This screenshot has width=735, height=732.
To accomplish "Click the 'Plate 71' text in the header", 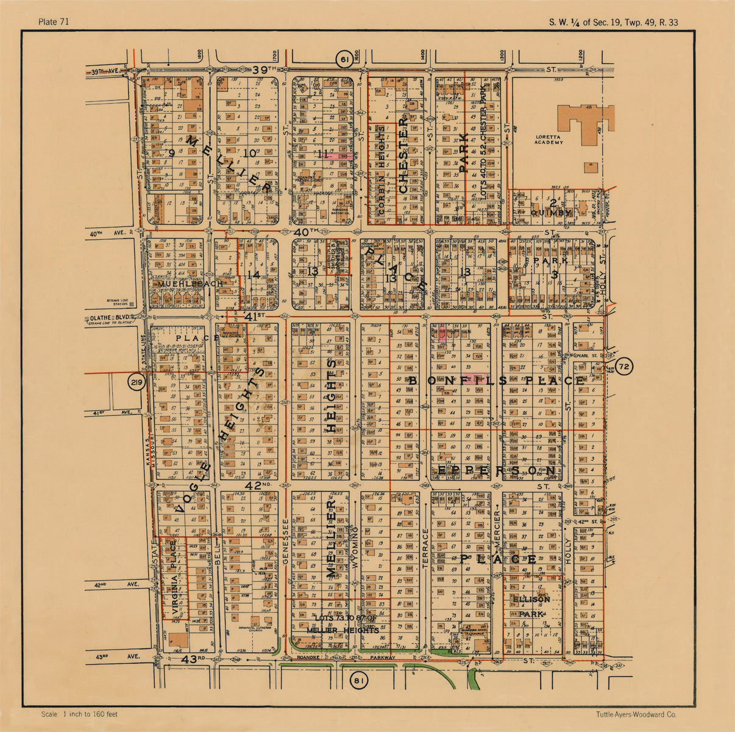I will [53, 23].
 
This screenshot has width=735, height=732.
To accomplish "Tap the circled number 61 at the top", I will [345, 60].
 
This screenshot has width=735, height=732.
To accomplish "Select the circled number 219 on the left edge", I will [136, 383].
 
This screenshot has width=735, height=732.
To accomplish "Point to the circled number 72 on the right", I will [625, 367].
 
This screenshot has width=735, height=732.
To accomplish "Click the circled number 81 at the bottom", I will [359, 681].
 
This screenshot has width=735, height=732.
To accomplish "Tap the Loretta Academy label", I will [550, 139].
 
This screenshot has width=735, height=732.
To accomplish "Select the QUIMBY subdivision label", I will [552, 213].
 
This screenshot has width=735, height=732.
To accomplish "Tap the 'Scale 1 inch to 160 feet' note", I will [79, 714].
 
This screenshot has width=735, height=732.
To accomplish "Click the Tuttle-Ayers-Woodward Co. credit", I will [637, 714].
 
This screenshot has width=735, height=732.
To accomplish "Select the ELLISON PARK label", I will [531, 606].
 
